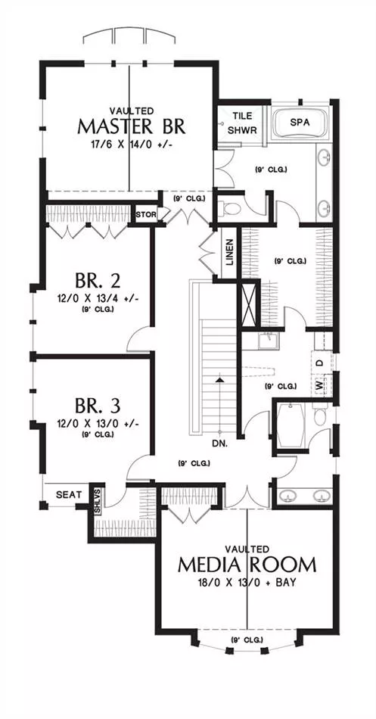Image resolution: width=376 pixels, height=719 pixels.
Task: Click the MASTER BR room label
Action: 132,126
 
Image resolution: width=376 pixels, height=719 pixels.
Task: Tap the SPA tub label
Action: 300,123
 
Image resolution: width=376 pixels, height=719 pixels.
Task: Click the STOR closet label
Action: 146,214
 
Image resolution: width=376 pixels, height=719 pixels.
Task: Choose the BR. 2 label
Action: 97,281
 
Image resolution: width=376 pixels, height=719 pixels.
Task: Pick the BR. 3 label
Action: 97,406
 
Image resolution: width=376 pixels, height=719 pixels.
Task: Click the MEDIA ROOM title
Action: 247,565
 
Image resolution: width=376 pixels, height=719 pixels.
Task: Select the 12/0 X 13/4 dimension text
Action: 97,299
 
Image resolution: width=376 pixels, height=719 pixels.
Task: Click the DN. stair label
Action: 220,444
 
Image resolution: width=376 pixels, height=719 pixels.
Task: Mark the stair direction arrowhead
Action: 221,380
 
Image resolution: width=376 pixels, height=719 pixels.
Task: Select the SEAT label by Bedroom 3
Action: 69,495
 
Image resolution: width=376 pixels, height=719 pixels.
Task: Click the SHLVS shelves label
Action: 97,501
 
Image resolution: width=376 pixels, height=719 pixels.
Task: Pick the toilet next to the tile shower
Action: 230,210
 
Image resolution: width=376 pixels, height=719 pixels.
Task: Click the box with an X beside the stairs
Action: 248,304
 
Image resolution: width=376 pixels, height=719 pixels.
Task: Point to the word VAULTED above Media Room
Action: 247,549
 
